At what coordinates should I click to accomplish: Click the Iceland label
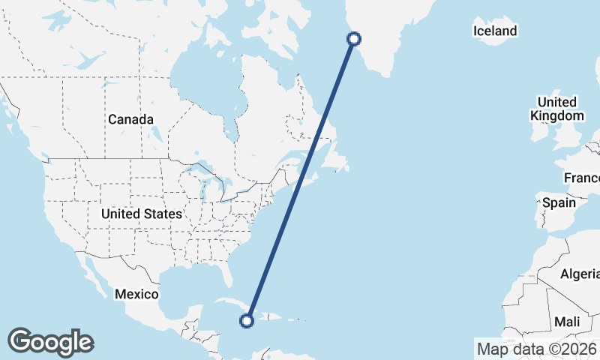[x=495, y=31]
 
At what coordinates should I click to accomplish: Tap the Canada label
[x=130, y=119]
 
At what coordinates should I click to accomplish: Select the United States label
[x=142, y=214]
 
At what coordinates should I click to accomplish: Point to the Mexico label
[x=136, y=294]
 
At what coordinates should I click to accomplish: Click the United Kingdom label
[x=556, y=109]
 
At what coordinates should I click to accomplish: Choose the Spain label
[x=559, y=202]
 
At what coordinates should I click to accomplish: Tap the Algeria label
[x=579, y=274]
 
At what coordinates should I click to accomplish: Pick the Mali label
[x=567, y=322]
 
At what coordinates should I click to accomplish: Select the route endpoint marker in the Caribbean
[x=246, y=321]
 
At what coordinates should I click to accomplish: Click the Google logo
[x=50, y=342]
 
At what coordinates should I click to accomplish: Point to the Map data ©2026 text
[x=537, y=349]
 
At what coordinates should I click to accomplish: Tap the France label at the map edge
[x=583, y=178]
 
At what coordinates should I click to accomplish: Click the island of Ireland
[x=538, y=135]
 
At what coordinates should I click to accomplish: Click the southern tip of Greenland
[x=387, y=74]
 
